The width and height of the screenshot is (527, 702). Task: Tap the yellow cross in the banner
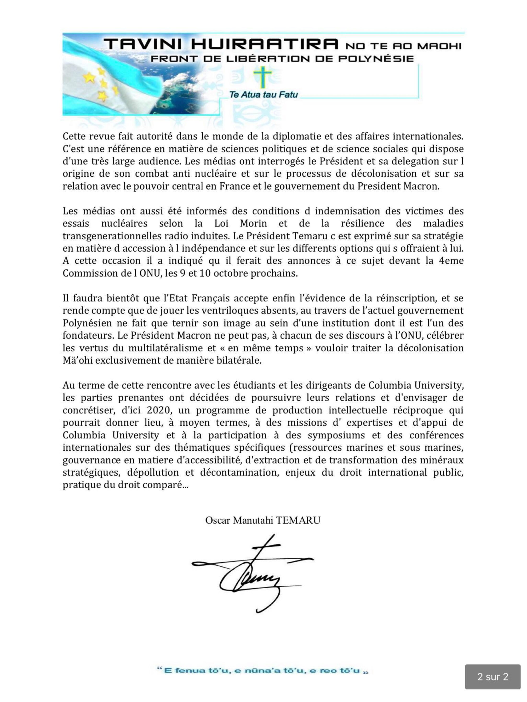(262, 78)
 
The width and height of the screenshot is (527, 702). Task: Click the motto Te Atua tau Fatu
(263, 95)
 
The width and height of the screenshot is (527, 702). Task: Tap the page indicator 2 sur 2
(492, 677)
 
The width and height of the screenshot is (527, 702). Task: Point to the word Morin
(253, 223)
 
